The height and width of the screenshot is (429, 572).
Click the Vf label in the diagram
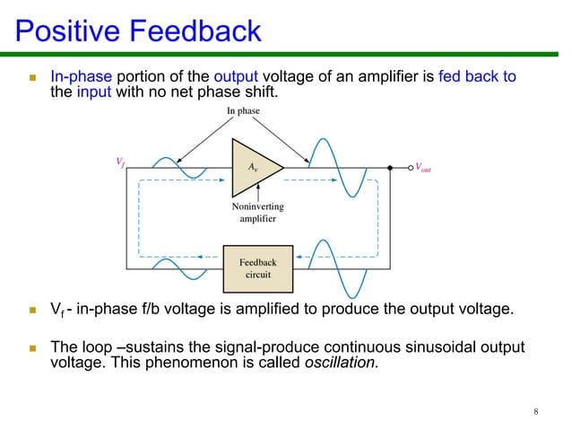(x=120, y=162)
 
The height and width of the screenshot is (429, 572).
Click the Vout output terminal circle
(x=391, y=167)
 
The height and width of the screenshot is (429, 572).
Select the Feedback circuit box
(x=258, y=267)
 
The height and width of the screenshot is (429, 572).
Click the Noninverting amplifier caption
(x=257, y=213)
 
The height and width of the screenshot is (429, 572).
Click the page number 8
(x=535, y=412)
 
